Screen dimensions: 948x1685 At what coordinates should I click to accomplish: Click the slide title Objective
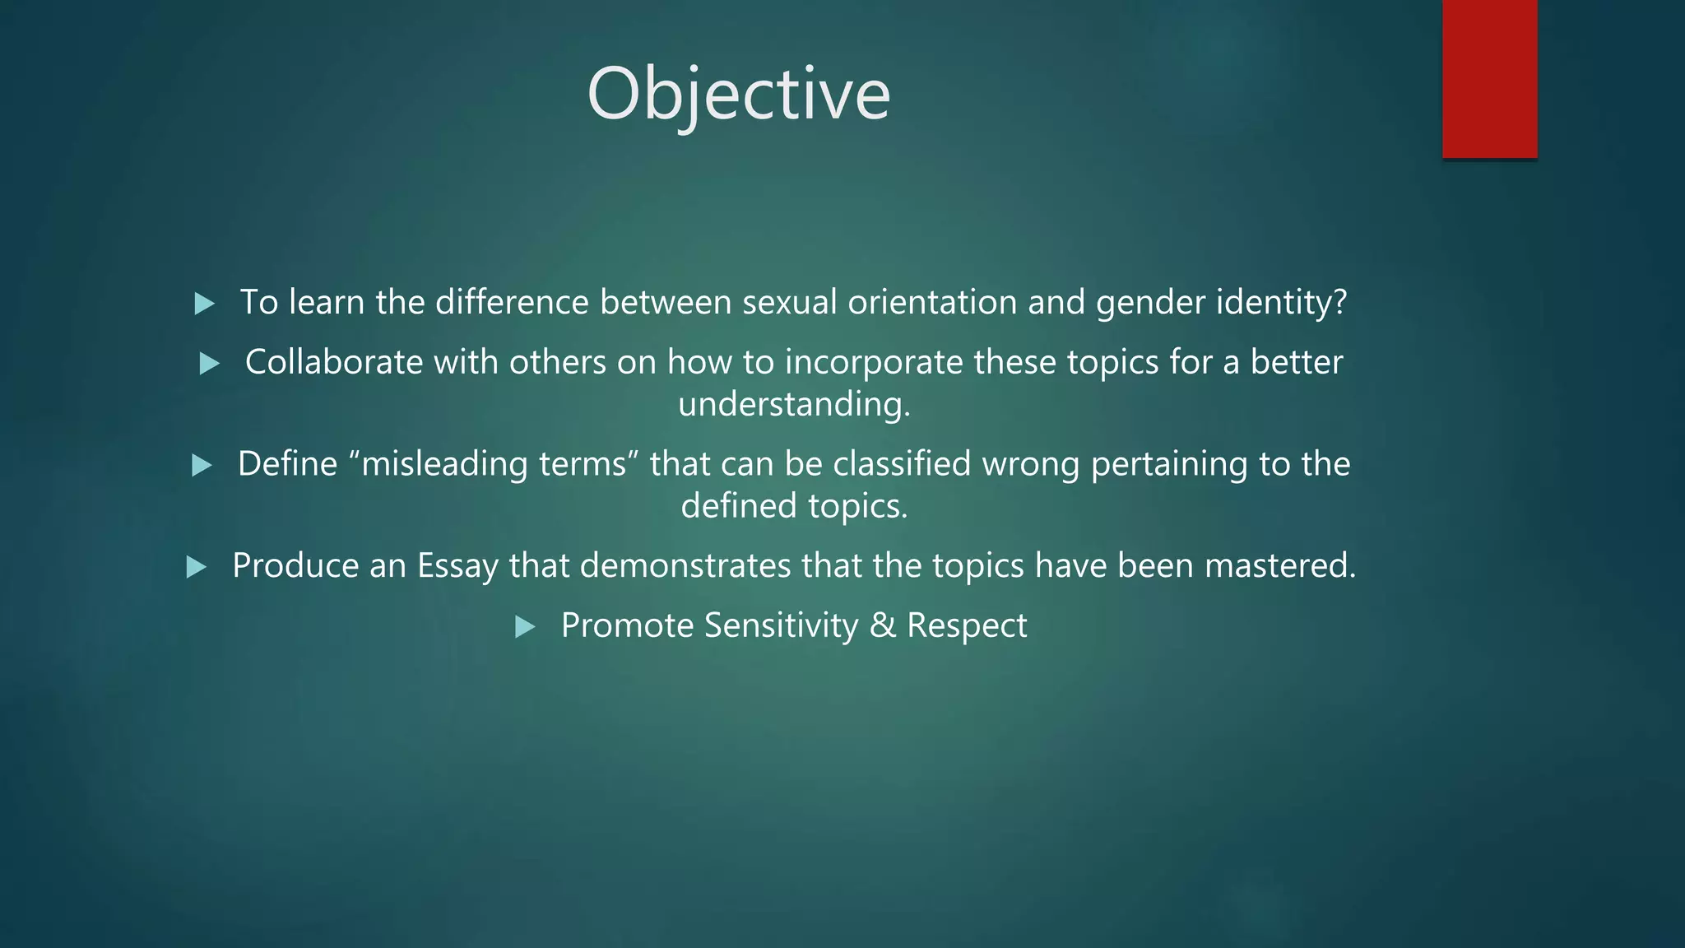coord(738,95)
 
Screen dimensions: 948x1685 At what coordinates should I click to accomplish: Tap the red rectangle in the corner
coord(1489,79)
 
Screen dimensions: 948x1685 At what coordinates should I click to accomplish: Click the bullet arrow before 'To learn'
coord(204,304)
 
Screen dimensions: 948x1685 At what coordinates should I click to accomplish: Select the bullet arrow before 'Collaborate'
coord(210,363)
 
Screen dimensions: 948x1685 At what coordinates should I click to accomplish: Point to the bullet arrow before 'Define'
coord(202,465)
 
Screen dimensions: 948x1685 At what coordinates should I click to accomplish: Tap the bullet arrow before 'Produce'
coord(196,566)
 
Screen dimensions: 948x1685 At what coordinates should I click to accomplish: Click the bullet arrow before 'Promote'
coord(525,627)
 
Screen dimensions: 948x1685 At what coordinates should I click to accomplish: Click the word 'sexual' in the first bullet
coord(789,302)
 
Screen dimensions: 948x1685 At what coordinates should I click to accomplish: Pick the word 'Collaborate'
coord(334,362)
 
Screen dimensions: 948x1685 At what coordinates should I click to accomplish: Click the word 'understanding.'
coord(794,404)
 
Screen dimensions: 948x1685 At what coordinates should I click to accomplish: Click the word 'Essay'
coord(457,566)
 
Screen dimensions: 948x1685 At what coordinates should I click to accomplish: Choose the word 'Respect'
coord(967,626)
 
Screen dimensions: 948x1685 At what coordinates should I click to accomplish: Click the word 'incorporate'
coord(874,363)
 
